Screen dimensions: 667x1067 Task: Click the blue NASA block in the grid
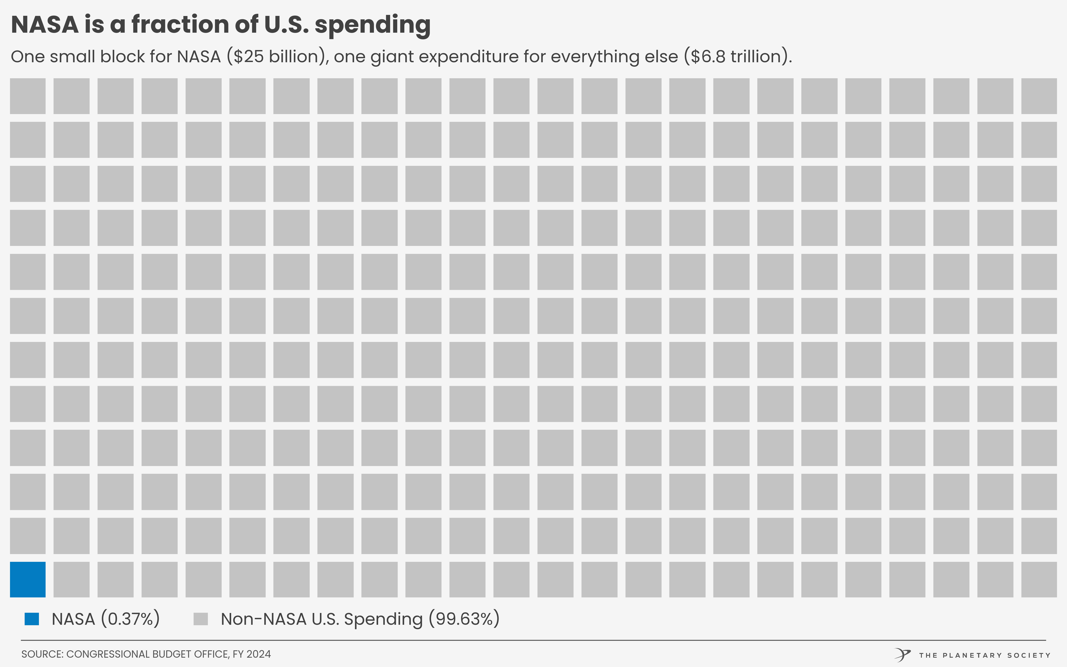coord(28,579)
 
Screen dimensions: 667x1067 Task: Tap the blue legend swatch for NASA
coord(32,619)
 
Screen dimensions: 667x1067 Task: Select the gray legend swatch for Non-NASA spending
coord(201,619)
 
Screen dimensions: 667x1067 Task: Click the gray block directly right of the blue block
coord(71,579)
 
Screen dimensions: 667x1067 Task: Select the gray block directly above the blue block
coord(28,536)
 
